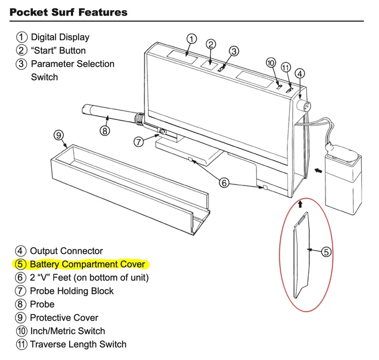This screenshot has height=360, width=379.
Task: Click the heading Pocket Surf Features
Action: pyautogui.click(x=69, y=12)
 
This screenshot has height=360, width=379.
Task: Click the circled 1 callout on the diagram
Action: pyautogui.click(x=191, y=39)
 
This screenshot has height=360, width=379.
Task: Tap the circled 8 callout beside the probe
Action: pyautogui.click(x=104, y=131)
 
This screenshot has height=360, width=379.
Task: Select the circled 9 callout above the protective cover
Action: pyautogui.click(x=58, y=135)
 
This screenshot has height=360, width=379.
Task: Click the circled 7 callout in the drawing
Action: pyautogui.click(x=139, y=142)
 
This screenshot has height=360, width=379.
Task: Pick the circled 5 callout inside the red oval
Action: pyautogui.click(x=325, y=251)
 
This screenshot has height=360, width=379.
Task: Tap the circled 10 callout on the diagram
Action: pyautogui.click(x=271, y=63)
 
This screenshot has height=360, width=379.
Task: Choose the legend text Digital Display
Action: pyautogui.click(x=60, y=37)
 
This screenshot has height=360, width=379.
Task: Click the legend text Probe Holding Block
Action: pyautogui.click(x=71, y=291)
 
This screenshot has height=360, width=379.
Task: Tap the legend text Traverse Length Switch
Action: pyautogui.click(x=78, y=344)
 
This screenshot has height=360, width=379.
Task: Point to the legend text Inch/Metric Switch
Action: pyautogui.click(x=67, y=331)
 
